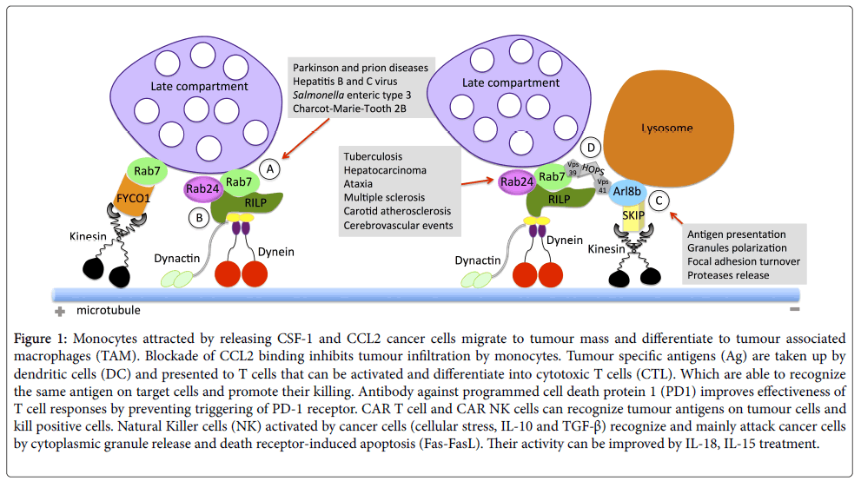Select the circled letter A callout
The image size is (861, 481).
[271, 170]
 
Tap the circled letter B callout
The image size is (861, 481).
[200, 217]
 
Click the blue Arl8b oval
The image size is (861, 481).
[628, 192]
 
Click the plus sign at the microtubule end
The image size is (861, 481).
[60, 311]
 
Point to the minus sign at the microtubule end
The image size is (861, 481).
[793, 310]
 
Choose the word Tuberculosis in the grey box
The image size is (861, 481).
[373, 156]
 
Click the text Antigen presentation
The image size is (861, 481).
[736, 234]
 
